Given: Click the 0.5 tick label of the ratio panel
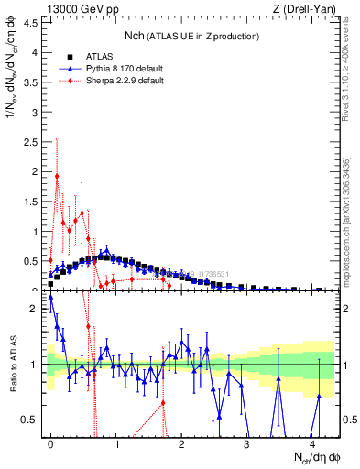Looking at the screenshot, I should pyautogui.click(x=31, y=420).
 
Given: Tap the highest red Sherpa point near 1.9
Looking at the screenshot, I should pyautogui.click(x=58, y=176).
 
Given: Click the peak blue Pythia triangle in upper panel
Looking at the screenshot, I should pyautogui.click(x=106, y=249).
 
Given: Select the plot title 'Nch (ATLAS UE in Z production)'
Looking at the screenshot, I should pyautogui.click(x=191, y=35).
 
